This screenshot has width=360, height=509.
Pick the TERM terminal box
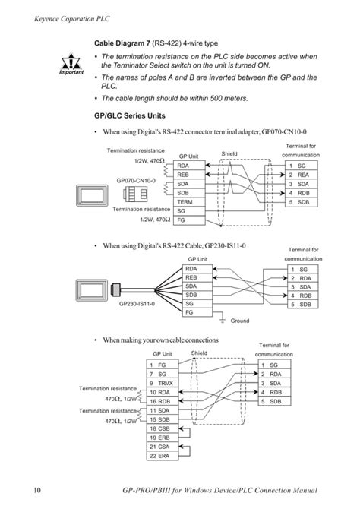coord(186,201)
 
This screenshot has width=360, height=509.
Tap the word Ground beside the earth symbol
coord(240,321)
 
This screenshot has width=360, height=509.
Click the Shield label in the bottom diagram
coord(199,353)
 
